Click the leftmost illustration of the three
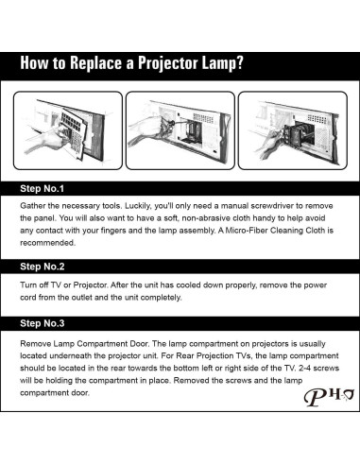coord(69,129)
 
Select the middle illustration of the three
coord(180,129)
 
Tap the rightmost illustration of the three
coord(290,129)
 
